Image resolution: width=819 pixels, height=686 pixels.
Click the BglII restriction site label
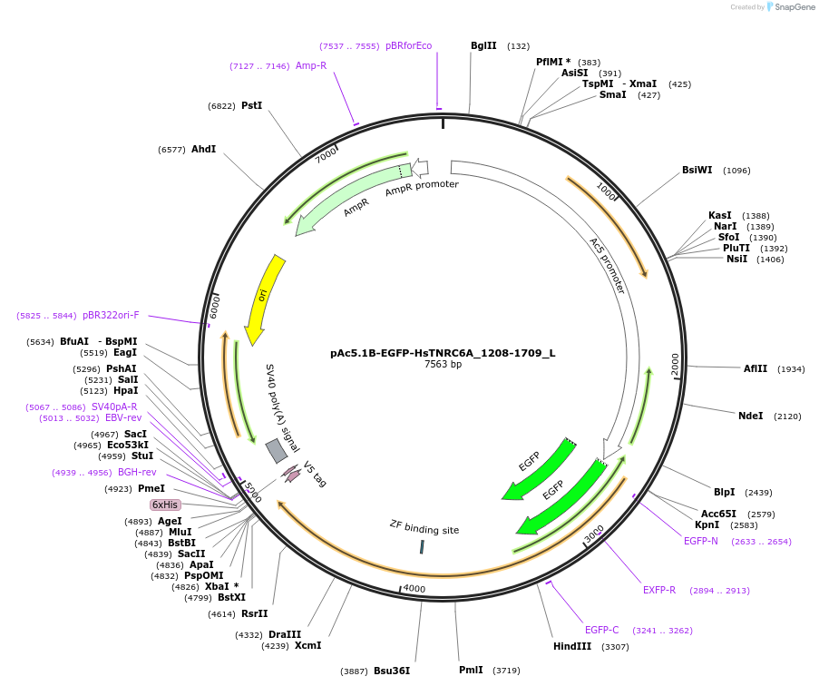pyautogui.click(x=483, y=46)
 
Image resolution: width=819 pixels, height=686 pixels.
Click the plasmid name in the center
pyautogui.click(x=443, y=353)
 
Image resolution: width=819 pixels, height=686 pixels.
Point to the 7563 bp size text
pyautogui.click(x=443, y=365)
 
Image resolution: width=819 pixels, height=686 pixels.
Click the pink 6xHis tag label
pyautogui.click(x=165, y=505)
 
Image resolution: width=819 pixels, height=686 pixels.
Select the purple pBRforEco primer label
pyautogui.click(x=408, y=46)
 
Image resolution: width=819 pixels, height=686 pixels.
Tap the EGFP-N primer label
pyautogui.click(x=701, y=541)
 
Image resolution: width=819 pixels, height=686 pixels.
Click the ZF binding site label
pyautogui.click(x=424, y=528)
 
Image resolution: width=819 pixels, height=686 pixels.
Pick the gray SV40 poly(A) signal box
pyautogui.click(x=277, y=451)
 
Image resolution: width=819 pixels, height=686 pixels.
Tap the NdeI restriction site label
pyautogui.click(x=750, y=416)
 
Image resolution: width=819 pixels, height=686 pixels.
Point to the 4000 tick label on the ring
pyautogui.click(x=414, y=589)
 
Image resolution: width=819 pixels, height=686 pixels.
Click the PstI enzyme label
pyautogui.click(x=251, y=105)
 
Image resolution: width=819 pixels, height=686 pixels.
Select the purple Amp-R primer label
pyautogui.click(x=310, y=65)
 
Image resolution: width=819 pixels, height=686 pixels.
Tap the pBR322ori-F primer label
pyautogui.click(x=111, y=315)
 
